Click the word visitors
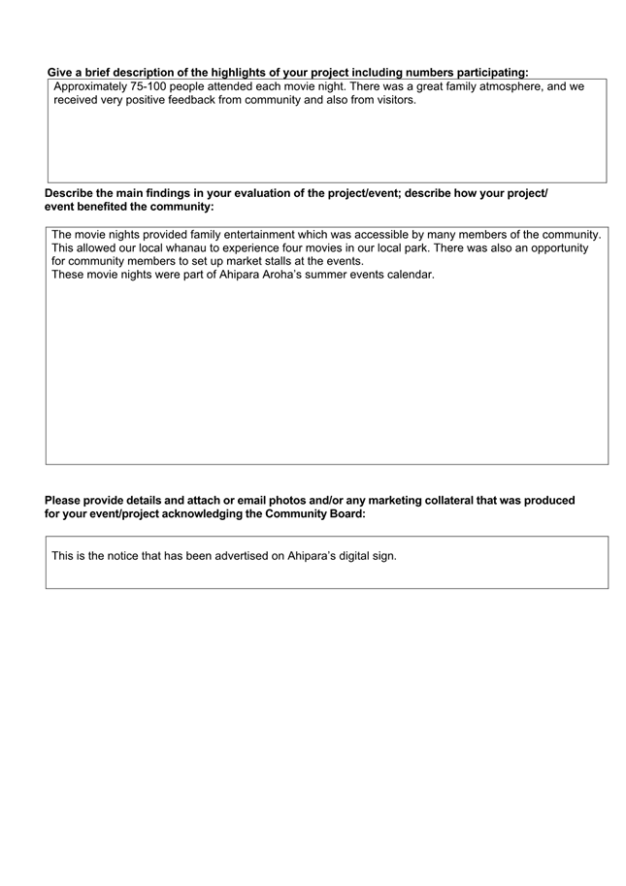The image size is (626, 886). pos(390,100)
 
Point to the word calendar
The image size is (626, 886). pos(409,275)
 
